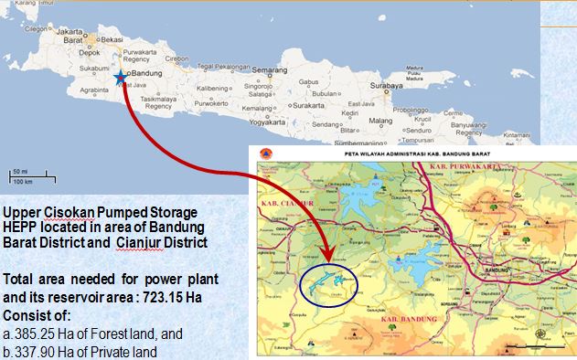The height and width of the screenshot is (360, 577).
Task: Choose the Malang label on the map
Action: [379, 120]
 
